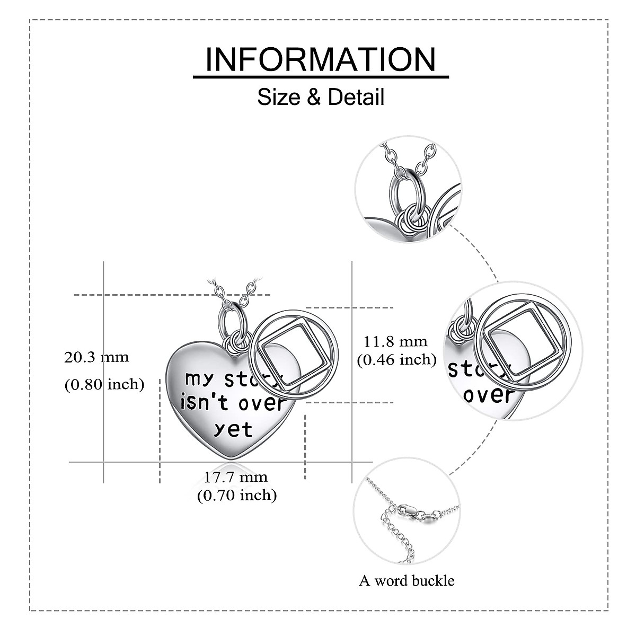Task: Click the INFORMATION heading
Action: pyautogui.click(x=320, y=59)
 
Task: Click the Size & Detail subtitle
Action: pyautogui.click(x=321, y=98)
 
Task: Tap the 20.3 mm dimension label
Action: pyautogui.click(x=96, y=357)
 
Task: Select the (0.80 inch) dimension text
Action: pyautogui.click(x=104, y=384)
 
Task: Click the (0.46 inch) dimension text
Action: pyautogui.click(x=396, y=360)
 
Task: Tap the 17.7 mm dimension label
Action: pyautogui.click(x=236, y=476)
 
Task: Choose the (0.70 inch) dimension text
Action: pyautogui.click(x=237, y=496)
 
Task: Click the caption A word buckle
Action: pyautogui.click(x=407, y=580)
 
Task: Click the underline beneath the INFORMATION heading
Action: pyautogui.click(x=320, y=77)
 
